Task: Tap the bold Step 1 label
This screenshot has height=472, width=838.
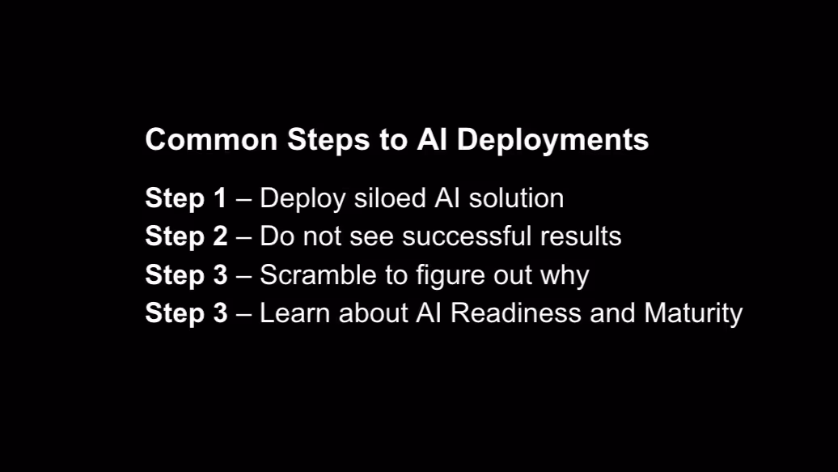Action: pos(186,198)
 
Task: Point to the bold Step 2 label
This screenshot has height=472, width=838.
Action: pos(186,236)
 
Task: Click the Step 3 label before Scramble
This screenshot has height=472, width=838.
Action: pos(186,275)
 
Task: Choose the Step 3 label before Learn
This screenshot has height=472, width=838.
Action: pos(186,313)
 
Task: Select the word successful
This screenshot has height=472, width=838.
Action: pos(465,236)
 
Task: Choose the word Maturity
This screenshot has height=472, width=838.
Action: pos(693,313)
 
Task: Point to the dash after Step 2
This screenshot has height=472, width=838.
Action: pos(243,237)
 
